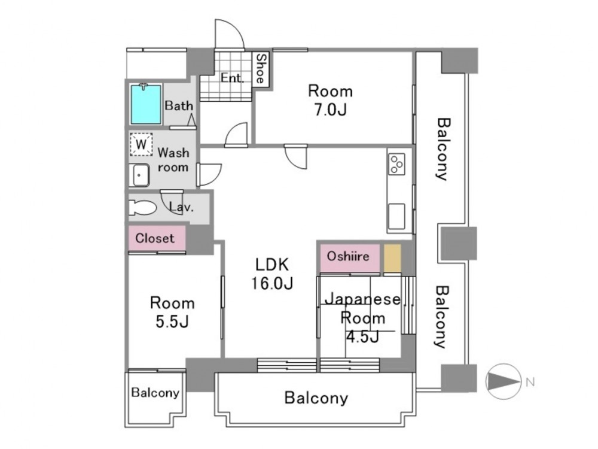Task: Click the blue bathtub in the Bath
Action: [x=146, y=104]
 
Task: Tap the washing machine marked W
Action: [x=141, y=144]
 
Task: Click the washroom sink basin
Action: [x=141, y=175]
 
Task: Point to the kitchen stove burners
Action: [x=396, y=163]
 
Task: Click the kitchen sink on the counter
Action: [x=396, y=216]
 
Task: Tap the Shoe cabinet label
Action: [x=261, y=69]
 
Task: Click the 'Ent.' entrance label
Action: [x=231, y=78]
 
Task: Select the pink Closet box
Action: [x=155, y=238]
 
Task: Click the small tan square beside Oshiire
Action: [x=392, y=257]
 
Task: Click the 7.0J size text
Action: [x=329, y=111]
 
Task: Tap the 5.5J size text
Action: [x=172, y=322]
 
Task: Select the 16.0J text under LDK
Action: [x=273, y=283]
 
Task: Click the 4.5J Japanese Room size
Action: [x=362, y=336]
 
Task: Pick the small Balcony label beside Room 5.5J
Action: [x=155, y=393]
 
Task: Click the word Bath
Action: [x=179, y=106]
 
